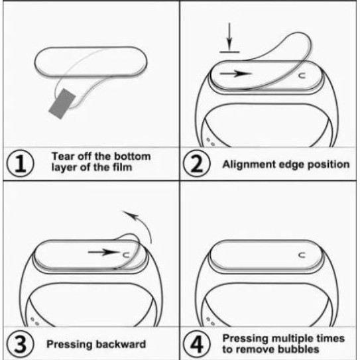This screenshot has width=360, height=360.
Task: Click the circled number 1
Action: (x=20, y=164)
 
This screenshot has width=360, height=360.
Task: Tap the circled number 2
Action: (x=196, y=164)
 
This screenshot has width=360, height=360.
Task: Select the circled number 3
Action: (x=20, y=343)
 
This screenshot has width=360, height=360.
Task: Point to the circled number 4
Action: (x=196, y=343)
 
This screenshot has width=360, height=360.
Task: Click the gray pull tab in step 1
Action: (x=62, y=103)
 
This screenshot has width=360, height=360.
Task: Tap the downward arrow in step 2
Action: (x=229, y=36)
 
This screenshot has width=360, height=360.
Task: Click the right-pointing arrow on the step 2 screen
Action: (x=236, y=74)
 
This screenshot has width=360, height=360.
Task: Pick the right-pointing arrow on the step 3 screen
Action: (x=104, y=252)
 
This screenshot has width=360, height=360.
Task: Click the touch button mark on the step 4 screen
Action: (x=302, y=255)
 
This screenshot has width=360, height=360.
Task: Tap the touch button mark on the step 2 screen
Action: (x=302, y=76)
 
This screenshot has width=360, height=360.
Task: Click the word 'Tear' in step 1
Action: (x=63, y=156)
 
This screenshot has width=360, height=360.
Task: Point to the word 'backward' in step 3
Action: (x=121, y=344)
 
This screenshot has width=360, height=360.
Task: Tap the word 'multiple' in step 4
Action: (x=293, y=339)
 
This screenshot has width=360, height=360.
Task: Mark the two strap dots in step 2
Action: (x=211, y=142)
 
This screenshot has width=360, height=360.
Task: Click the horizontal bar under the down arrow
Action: (x=229, y=52)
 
